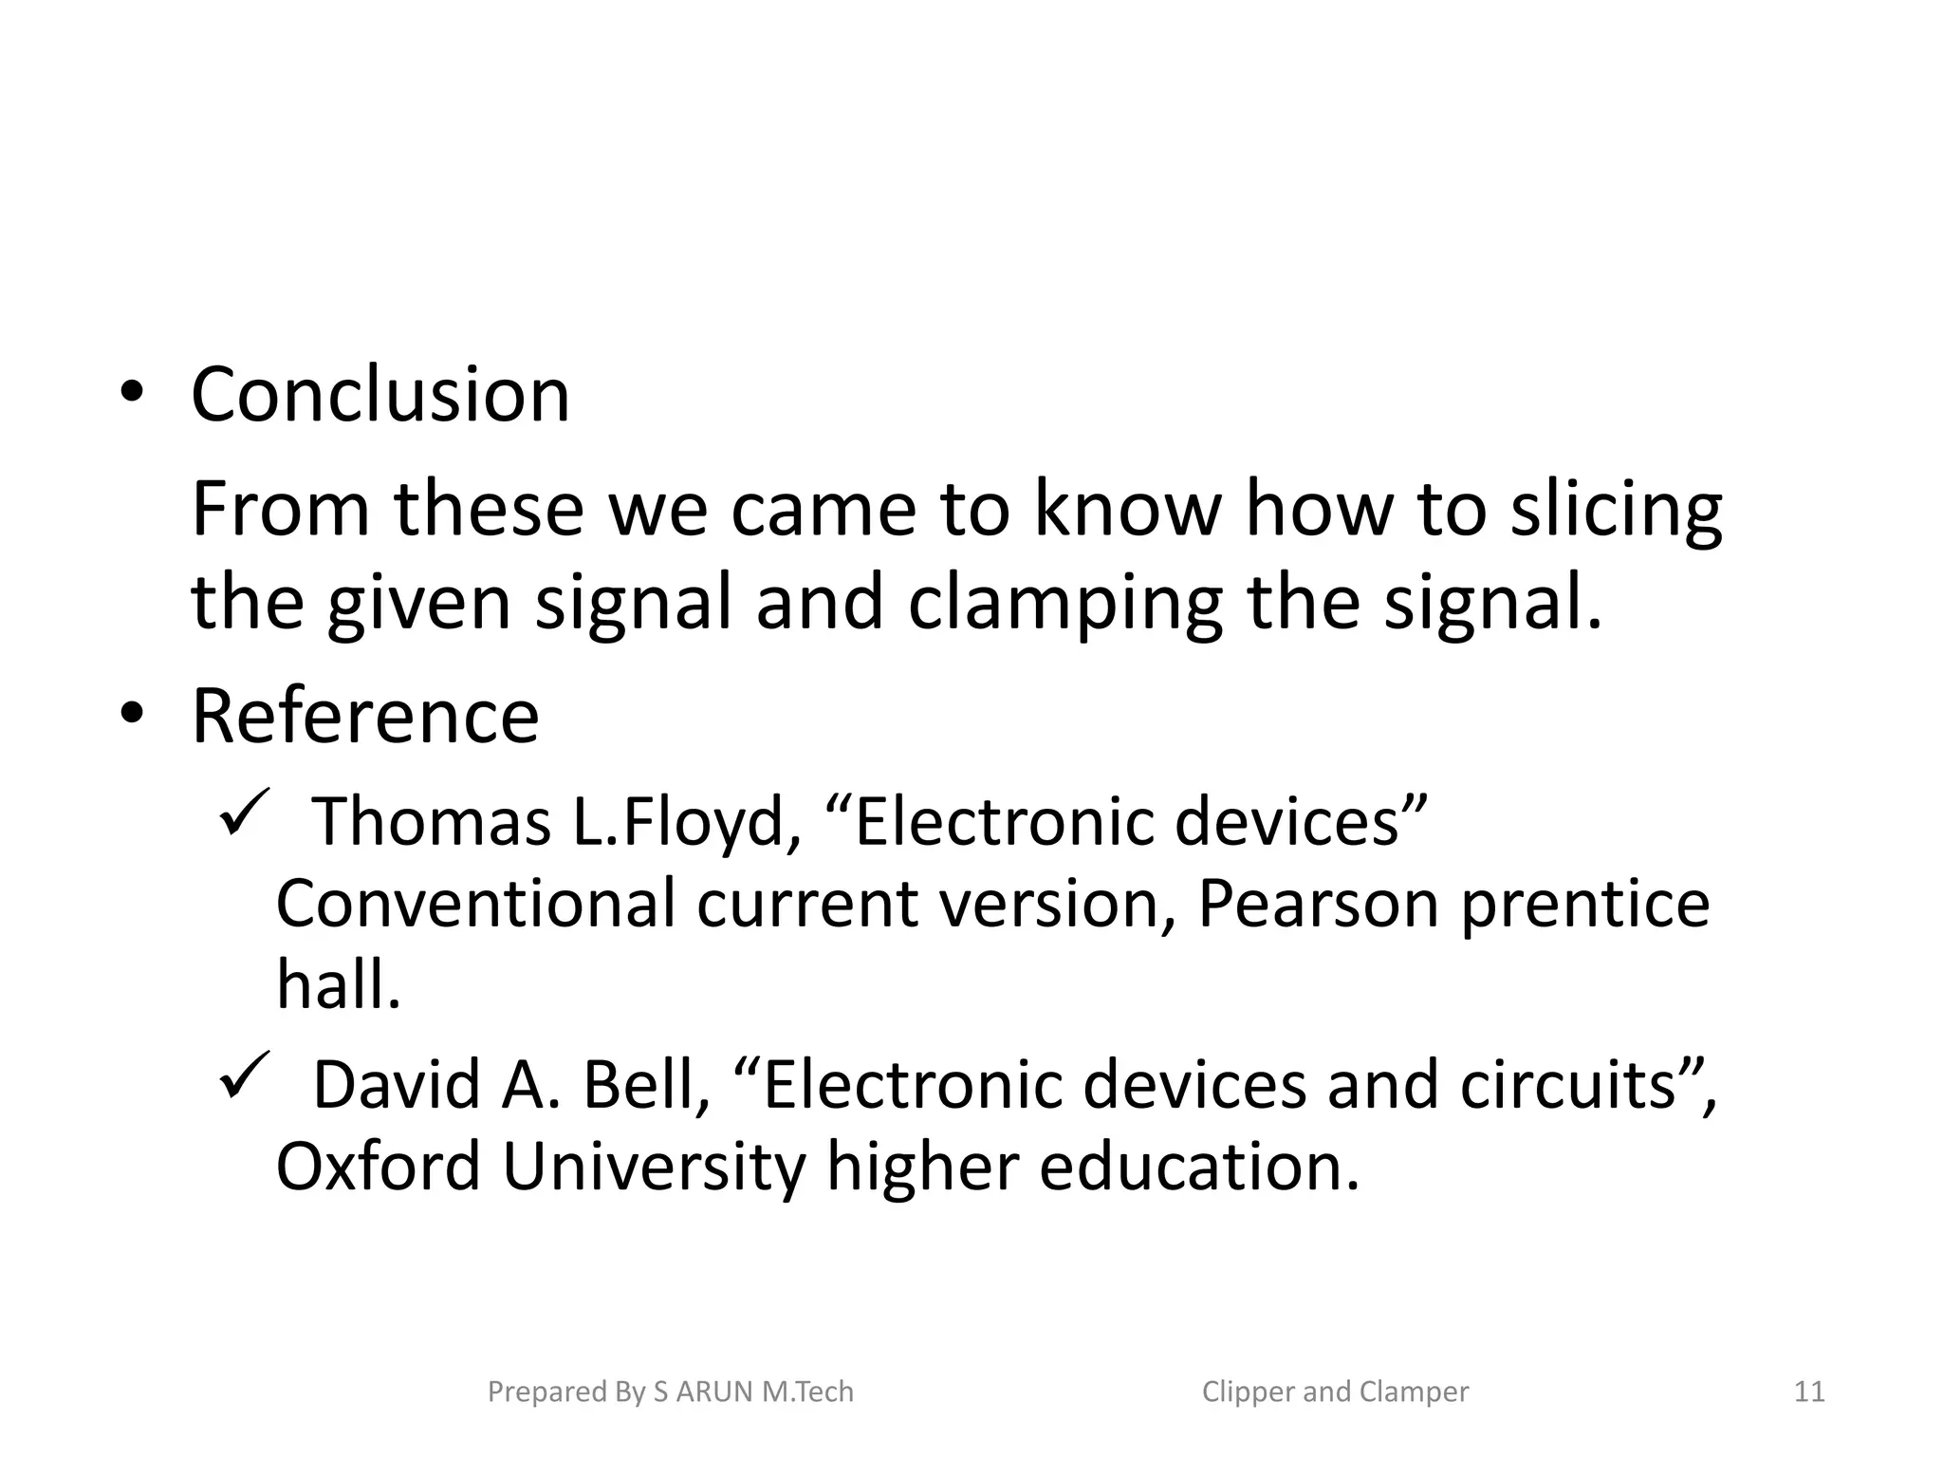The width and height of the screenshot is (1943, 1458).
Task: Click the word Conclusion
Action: (x=380, y=395)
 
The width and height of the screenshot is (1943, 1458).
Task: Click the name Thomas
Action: (x=432, y=821)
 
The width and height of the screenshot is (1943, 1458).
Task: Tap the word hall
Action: (x=339, y=984)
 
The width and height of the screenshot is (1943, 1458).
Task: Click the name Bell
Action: (x=646, y=1085)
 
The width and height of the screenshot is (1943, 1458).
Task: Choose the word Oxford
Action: (x=378, y=1167)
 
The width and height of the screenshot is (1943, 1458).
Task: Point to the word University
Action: (x=654, y=1168)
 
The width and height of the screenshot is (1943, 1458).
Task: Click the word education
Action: (x=1199, y=1167)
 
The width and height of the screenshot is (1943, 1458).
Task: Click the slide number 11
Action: (x=1809, y=1392)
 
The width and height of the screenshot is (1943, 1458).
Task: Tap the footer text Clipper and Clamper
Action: (x=1335, y=1392)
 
